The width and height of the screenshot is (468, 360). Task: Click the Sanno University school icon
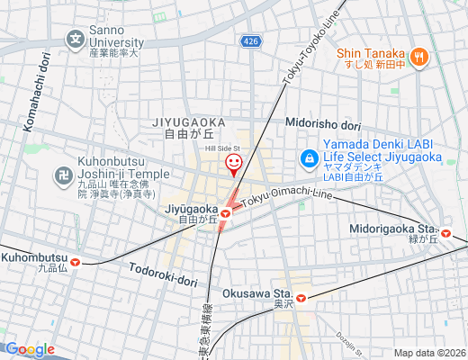pos(76,40)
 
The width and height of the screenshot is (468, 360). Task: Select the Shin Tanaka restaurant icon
pos(418,58)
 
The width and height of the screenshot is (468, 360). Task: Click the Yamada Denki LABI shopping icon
pos(309,158)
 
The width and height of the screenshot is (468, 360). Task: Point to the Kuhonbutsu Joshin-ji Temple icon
pos(64,175)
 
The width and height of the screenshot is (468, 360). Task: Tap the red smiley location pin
pos(233,163)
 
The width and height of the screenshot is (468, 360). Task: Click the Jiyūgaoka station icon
pos(227,213)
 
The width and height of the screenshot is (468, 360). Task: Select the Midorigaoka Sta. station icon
pos(445,234)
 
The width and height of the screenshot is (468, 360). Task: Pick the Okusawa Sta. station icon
pos(301,297)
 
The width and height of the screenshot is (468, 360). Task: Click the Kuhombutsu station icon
pos(76,263)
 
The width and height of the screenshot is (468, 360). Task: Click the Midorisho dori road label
pos(322,124)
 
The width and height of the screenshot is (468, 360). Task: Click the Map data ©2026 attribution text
pos(429,353)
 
